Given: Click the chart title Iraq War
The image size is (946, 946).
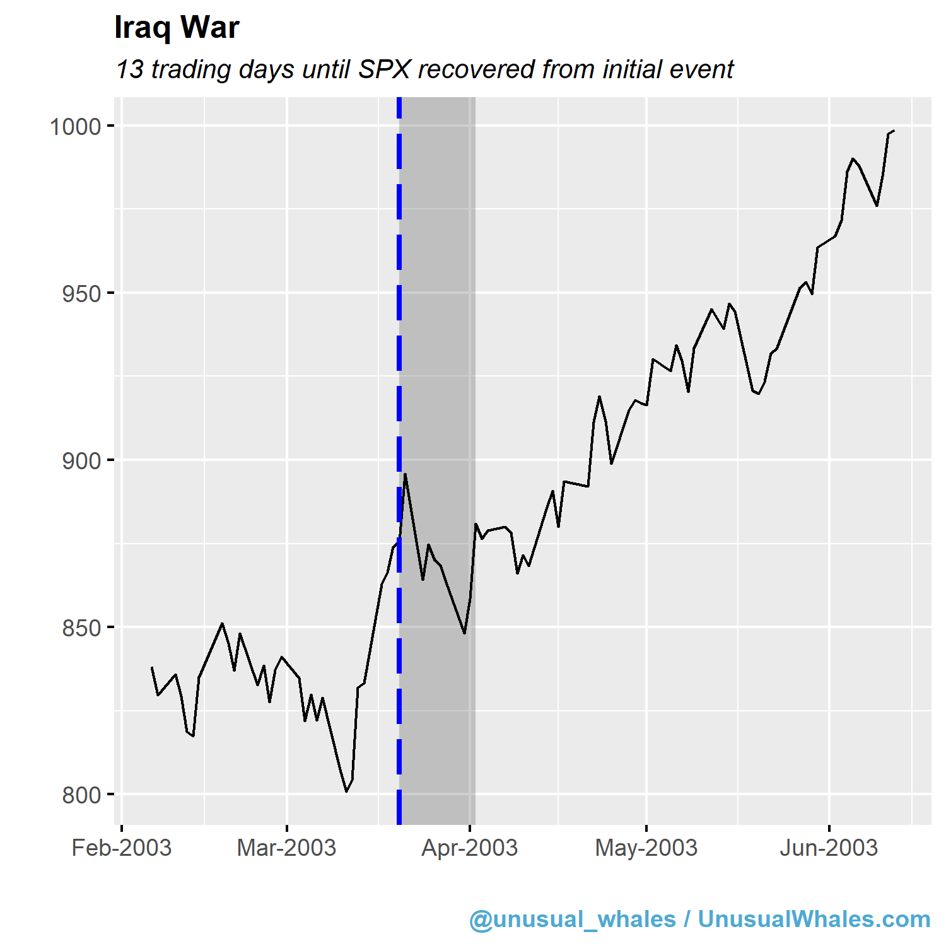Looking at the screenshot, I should point(177,28).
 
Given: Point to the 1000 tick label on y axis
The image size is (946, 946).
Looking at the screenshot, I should point(76,127).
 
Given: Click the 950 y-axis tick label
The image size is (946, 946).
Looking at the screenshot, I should point(82,294).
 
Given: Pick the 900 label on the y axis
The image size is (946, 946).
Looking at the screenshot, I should point(82,461).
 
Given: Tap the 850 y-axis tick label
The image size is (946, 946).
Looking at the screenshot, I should point(82,628).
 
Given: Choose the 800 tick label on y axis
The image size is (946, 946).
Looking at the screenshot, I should point(82,795).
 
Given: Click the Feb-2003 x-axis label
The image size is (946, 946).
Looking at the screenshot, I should point(122,848).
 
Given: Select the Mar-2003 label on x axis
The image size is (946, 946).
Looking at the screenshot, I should point(286,848).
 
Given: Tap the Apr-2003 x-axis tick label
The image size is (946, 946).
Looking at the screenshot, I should point(470,848).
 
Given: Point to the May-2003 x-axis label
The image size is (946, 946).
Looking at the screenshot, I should point(646,848).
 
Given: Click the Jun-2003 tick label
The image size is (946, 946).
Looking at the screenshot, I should point(829,848).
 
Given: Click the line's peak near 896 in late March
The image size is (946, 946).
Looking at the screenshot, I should point(405,474).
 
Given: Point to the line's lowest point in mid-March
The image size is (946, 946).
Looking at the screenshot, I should point(346,791).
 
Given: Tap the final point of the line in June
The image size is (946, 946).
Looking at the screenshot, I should point(894,131).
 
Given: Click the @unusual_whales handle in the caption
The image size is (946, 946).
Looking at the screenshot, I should point(573,920).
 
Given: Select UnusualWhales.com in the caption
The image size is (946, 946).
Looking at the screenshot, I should point(814,920).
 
